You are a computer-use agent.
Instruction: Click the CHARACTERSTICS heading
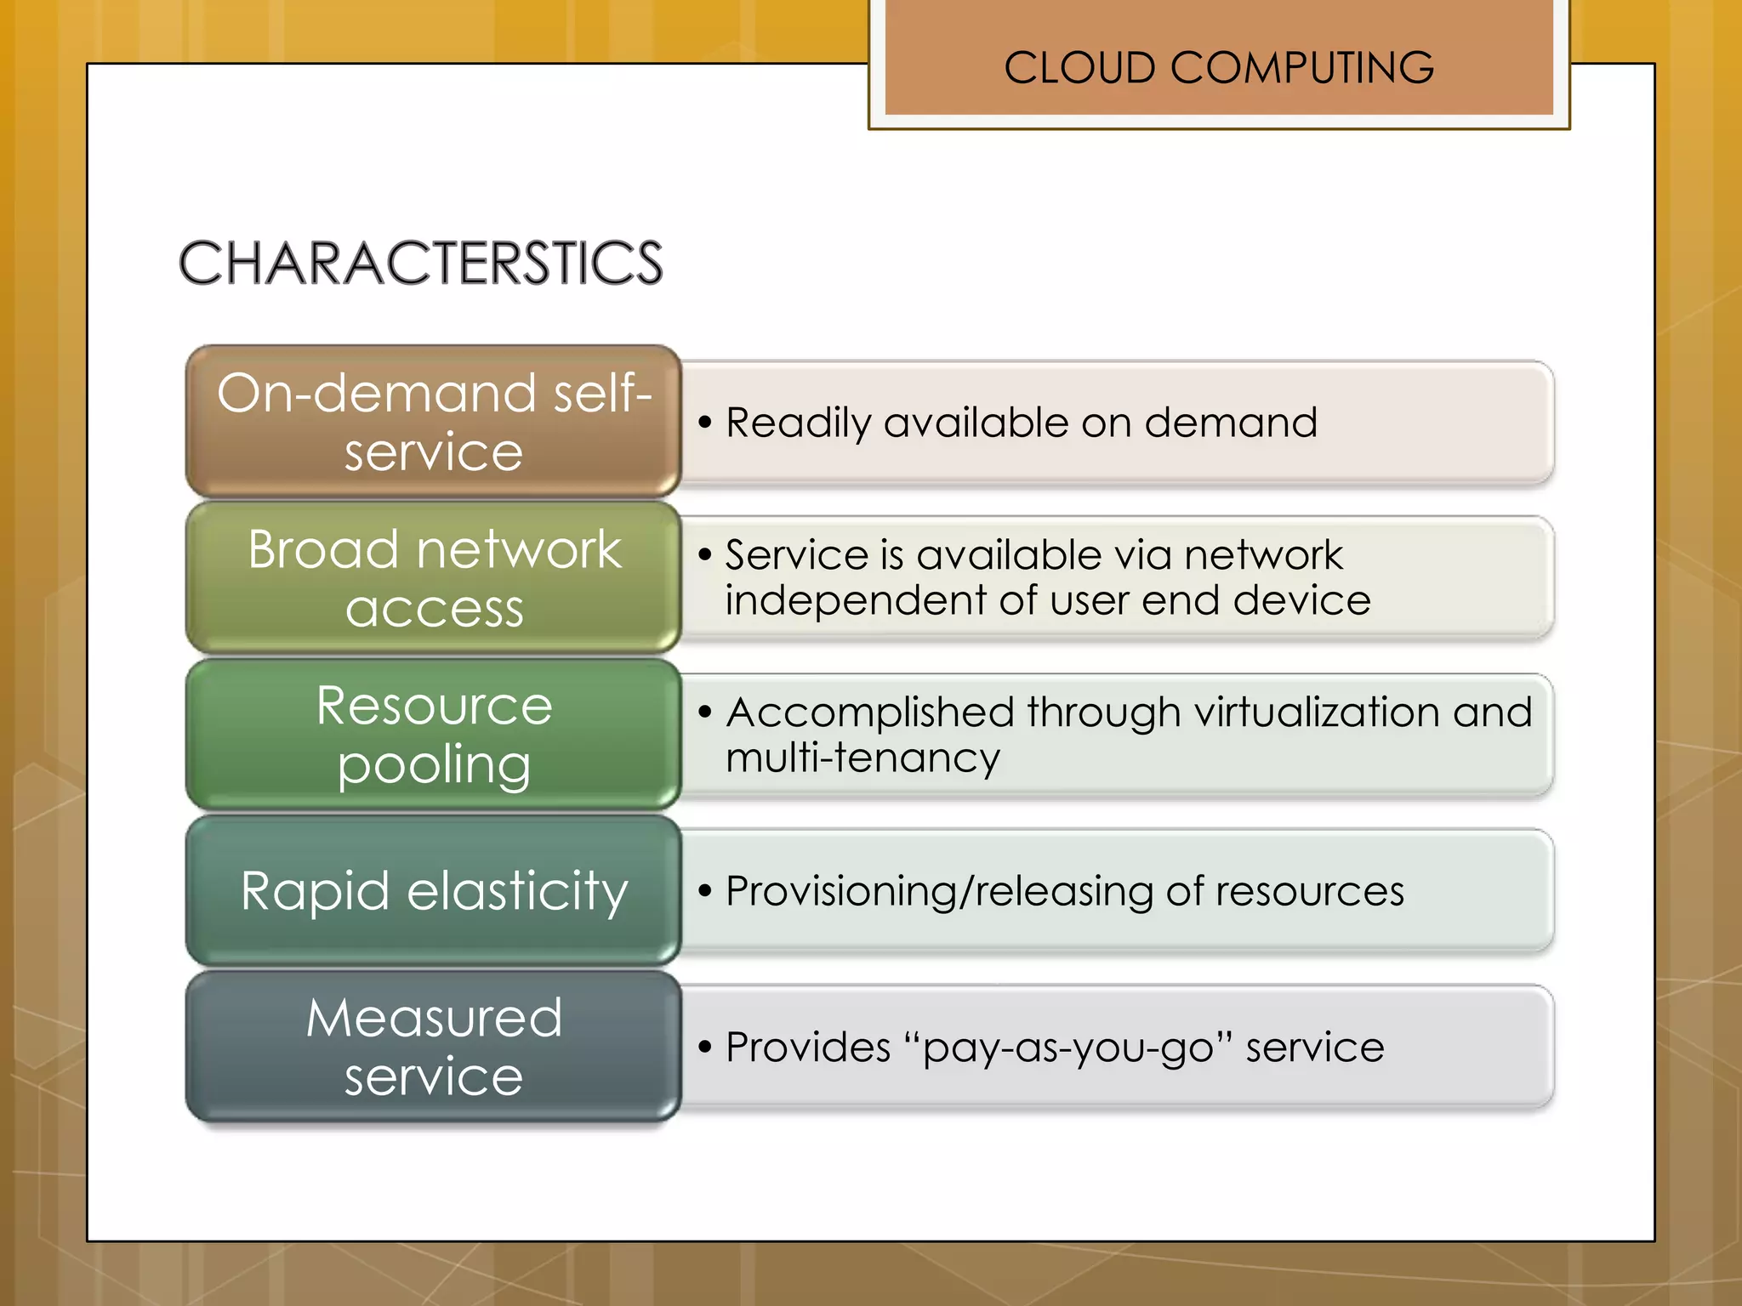[420, 263]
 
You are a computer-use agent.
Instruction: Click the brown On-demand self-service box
[433, 421]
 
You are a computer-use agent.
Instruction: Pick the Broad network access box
[433, 577]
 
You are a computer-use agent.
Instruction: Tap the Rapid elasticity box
[433, 890]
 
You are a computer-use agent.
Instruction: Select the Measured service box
[433, 1047]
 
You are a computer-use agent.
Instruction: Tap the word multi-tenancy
[862, 758]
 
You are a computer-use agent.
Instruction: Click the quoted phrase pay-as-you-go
[1067, 1048]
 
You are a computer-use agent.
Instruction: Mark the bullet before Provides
[704, 1047]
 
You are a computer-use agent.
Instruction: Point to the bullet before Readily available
[704, 422]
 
